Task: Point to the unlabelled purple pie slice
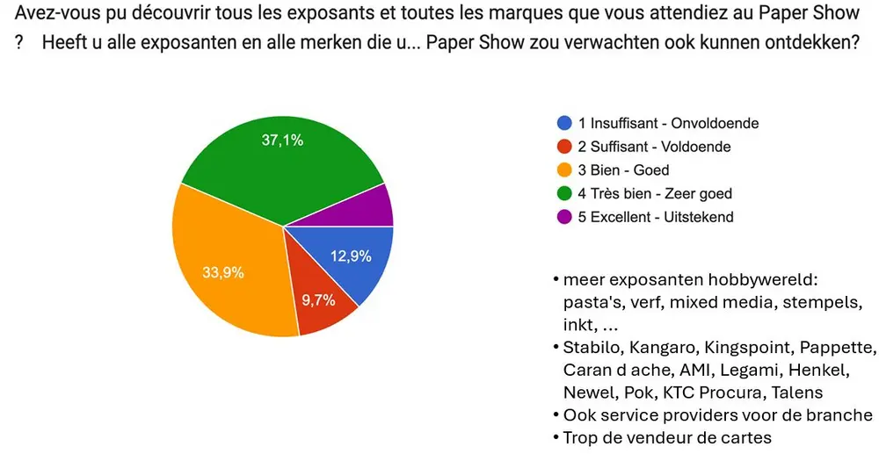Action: [374, 207]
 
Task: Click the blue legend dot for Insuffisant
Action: [564, 123]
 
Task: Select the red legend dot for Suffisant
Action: [564, 147]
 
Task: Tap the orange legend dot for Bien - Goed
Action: [564, 169]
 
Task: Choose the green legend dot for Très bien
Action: [564, 193]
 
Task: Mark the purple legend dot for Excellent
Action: [564, 216]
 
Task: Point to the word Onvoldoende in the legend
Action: [714, 123]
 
